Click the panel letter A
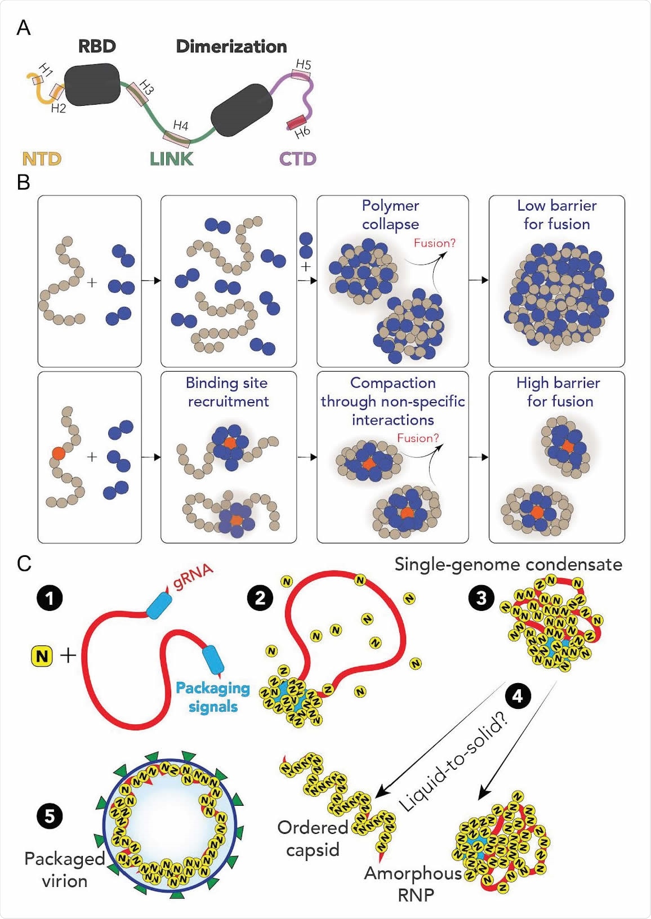click(x=24, y=28)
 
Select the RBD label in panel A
click(x=97, y=46)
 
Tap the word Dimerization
click(x=231, y=46)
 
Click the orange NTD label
click(x=42, y=159)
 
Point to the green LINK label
click(x=171, y=159)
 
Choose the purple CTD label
click(x=298, y=159)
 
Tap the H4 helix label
click(x=180, y=125)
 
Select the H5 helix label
click(x=304, y=64)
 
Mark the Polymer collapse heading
click(x=390, y=215)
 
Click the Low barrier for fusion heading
click(x=556, y=215)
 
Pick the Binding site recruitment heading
click(x=228, y=392)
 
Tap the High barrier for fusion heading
click(x=559, y=392)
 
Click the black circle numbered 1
click(x=50, y=598)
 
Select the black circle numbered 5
click(x=50, y=815)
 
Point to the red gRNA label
click(x=193, y=576)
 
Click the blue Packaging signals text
click(x=213, y=697)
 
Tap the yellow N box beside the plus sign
click(x=42, y=655)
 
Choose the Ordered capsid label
click(x=313, y=838)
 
